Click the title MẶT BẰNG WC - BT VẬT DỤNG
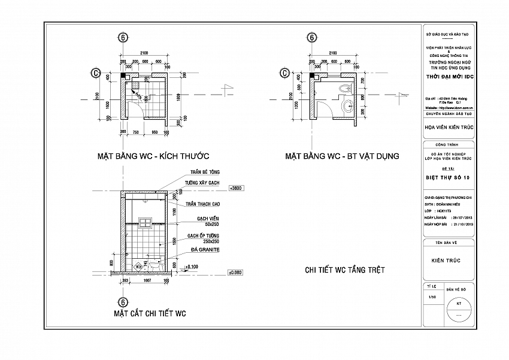pos(342,156)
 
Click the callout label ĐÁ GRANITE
pos(201,249)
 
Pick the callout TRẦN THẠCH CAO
pos(201,204)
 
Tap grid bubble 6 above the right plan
pos(311,37)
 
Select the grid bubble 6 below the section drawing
pos(123,302)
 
